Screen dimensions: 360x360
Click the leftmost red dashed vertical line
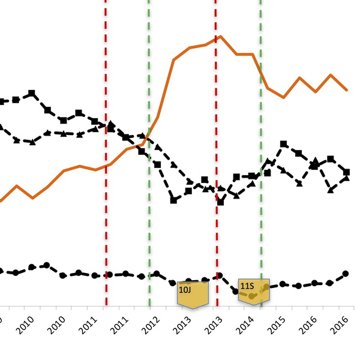pyautogui.click(x=106, y=150)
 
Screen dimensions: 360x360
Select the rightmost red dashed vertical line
pyautogui.click(x=216, y=150)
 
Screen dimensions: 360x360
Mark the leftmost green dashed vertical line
pyautogui.click(x=149, y=150)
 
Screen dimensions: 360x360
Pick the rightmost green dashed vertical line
pyautogui.click(x=260, y=150)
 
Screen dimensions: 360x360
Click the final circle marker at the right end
pyautogui.click(x=346, y=274)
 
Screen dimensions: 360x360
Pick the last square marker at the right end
pyautogui.click(x=347, y=172)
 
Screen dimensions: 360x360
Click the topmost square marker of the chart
pyautogui.click(x=32, y=93)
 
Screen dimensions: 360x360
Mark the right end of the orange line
pyautogui.click(x=347, y=90)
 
